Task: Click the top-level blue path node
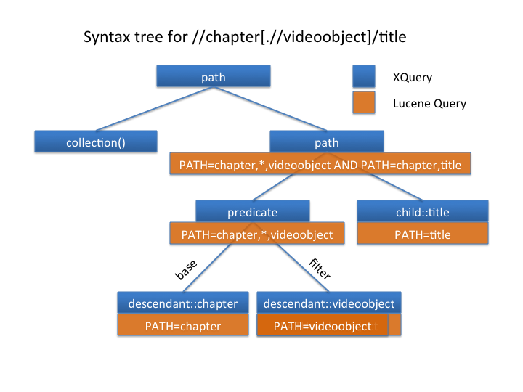click(214, 76)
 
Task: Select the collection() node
click(96, 142)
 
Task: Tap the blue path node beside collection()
click(327, 142)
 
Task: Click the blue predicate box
click(253, 211)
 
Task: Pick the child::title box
click(423, 211)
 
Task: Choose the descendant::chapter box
click(183, 303)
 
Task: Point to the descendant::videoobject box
click(329, 303)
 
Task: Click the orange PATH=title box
click(423, 233)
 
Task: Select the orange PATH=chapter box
click(183, 324)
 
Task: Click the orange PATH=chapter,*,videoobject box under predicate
click(257, 233)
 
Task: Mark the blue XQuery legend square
click(364, 76)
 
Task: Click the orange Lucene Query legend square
click(364, 102)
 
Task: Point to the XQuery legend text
click(413, 78)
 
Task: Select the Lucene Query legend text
click(429, 104)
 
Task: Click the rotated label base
click(186, 270)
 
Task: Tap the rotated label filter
click(320, 269)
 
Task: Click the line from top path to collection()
click(155, 109)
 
